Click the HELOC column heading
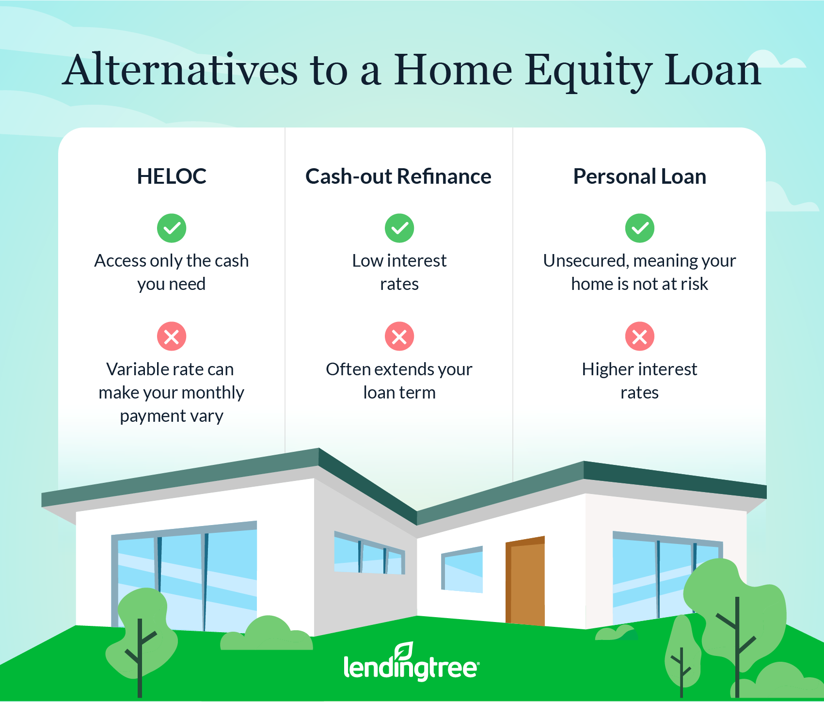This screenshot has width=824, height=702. [172, 176]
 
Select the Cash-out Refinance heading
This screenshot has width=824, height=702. [398, 176]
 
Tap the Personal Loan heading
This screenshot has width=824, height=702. [640, 176]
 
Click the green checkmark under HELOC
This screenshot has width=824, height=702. [172, 228]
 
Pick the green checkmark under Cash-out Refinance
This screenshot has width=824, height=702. [399, 228]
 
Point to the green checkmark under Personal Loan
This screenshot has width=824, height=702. [640, 228]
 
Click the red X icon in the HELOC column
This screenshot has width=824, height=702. [172, 336]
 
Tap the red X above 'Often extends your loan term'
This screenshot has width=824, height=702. [399, 336]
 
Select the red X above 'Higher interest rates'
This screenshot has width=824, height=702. [640, 336]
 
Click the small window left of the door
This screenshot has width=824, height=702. [462, 570]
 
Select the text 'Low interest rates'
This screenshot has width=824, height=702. [399, 272]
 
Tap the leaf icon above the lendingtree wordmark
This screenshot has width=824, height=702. [404, 650]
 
